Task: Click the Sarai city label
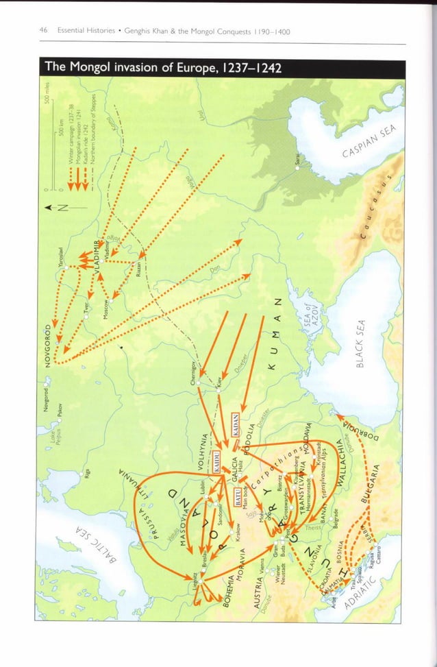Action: pos(297,160)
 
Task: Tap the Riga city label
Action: pos(87,476)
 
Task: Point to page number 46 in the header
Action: pos(43,30)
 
